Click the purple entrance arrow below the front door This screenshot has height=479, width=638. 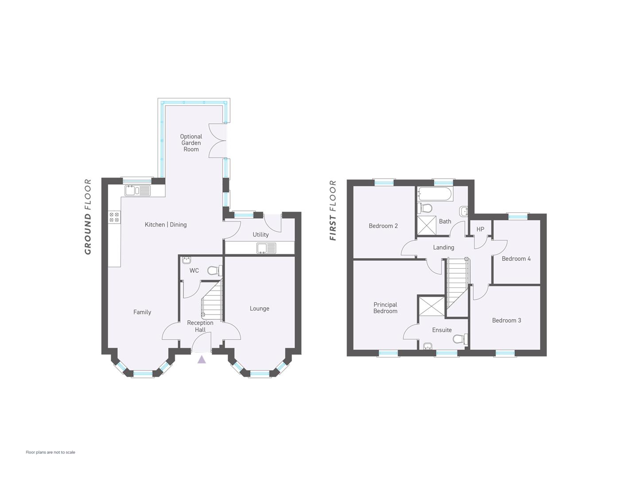[202, 360]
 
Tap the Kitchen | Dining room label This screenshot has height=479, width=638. [166, 224]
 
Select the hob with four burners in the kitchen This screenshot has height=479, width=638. [114, 217]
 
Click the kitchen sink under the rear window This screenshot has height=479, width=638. [138, 191]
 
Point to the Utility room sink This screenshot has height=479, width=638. [266, 248]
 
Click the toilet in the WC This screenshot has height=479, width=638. [215, 271]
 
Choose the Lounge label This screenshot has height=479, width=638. [260, 309]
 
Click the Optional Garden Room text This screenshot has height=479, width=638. [191, 143]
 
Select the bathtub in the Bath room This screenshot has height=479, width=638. [435, 194]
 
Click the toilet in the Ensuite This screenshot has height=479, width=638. [460, 339]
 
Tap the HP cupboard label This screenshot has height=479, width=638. [480, 229]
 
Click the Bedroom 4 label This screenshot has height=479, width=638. [516, 259]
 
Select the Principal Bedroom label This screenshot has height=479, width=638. [385, 308]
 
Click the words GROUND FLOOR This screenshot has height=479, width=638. [88, 217]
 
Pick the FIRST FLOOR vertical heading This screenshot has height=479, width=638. [333, 210]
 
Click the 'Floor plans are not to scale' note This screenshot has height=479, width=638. [51, 452]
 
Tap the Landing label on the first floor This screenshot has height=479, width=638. [443, 247]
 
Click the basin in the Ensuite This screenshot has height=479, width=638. [428, 346]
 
